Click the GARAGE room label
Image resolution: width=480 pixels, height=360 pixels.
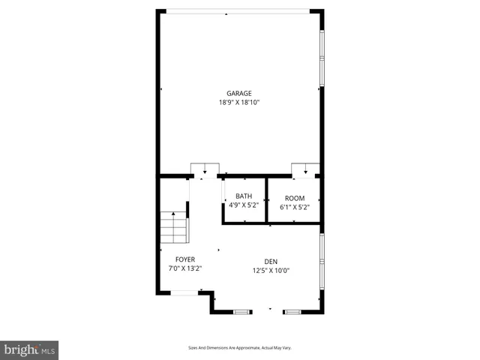(239, 94)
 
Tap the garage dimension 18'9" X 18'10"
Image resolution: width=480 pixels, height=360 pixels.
(239, 103)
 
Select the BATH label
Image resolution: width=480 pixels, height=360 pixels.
(244, 197)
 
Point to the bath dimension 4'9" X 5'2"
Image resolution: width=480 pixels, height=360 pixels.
(244, 205)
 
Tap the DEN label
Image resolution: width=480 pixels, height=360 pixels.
(270, 262)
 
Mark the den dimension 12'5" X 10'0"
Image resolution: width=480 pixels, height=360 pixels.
(270, 271)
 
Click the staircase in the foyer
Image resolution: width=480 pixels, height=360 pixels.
(173, 227)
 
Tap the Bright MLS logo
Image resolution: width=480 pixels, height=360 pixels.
(29, 349)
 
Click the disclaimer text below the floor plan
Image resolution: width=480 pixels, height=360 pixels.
(239, 348)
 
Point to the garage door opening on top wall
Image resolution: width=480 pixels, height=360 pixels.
(238, 11)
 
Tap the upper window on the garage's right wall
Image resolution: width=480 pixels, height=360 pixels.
(322, 45)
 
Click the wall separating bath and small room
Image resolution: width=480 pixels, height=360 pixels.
(267, 200)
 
